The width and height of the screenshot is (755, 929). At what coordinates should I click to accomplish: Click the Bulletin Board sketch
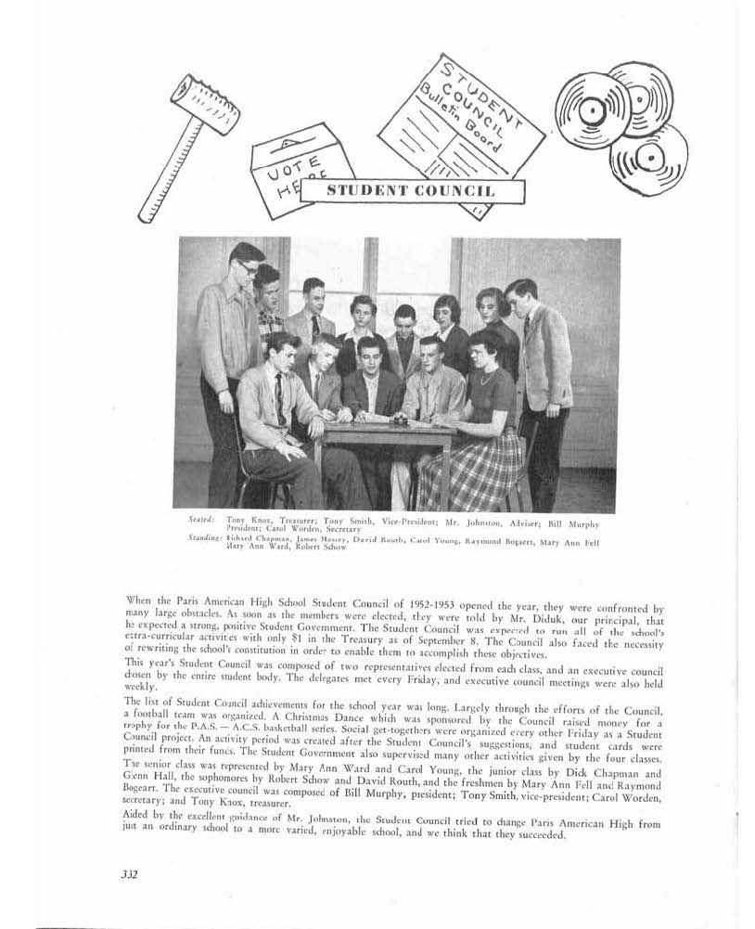coord(461,120)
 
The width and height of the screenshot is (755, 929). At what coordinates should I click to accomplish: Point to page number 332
coord(129,873)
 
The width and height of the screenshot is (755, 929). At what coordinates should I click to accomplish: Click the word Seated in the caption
coord(201,519)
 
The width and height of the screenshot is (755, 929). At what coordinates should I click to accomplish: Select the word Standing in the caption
coord(205,537)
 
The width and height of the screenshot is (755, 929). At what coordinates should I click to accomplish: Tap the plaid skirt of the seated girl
coord(469,469)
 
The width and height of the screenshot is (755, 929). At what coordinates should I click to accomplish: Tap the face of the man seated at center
coord(368,357)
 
